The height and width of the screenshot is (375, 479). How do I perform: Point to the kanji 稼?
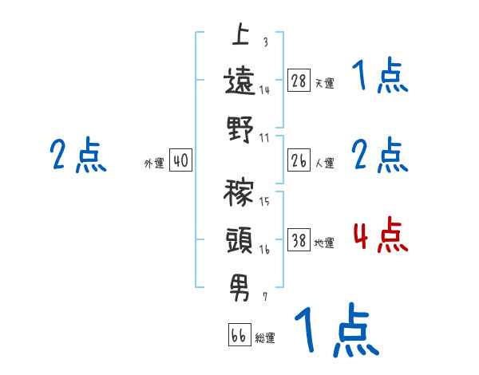(239, 194)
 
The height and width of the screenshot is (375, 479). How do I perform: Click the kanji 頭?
(239, 239)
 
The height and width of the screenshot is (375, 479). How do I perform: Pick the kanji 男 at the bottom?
(239, 286)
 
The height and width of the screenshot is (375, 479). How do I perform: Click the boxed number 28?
(299, 81)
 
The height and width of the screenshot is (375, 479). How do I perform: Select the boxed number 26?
(299, 161)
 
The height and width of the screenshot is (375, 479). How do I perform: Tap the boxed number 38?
(299, 241)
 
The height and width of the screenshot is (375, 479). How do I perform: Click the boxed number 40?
(180, 161)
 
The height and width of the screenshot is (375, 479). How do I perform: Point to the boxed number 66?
(239, 335)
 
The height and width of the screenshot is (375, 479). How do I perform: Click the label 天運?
(324, 83)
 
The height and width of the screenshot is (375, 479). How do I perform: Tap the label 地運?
(324, 243)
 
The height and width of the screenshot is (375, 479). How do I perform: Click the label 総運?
(265, 337)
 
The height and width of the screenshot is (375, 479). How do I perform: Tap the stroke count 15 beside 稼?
(264, 201)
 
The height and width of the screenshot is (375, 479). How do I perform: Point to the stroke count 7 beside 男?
(265, 296)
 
